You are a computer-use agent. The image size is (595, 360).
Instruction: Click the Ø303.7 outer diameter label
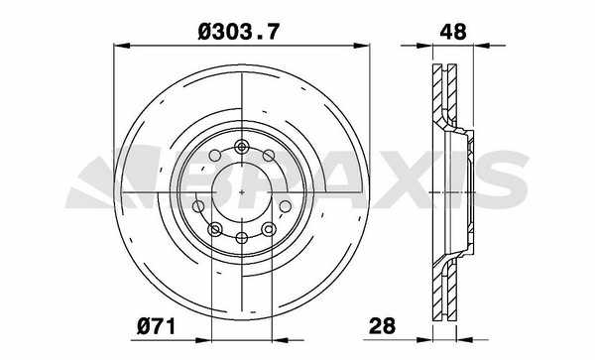click(x=238, y=32)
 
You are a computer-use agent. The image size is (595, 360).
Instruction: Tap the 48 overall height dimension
click(x=453, y=32)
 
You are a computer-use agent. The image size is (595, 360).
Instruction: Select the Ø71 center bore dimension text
click(x=157, y=326)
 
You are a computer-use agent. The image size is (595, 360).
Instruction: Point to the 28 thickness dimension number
click(x=382, y=326)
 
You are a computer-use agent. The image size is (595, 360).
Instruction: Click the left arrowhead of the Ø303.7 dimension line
click(x=122, y=46)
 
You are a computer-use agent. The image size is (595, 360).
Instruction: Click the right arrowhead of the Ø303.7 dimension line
click(x=361, y=46)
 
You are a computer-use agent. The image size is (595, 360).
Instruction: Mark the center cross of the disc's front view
click(x=242, y=192)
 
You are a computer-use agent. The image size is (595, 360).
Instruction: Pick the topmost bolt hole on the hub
click(x=241, y=147)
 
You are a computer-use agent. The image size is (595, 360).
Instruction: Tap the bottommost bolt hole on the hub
click(x=242, y=238)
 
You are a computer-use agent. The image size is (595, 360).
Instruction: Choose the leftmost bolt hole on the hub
click(x=198, y=206)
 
